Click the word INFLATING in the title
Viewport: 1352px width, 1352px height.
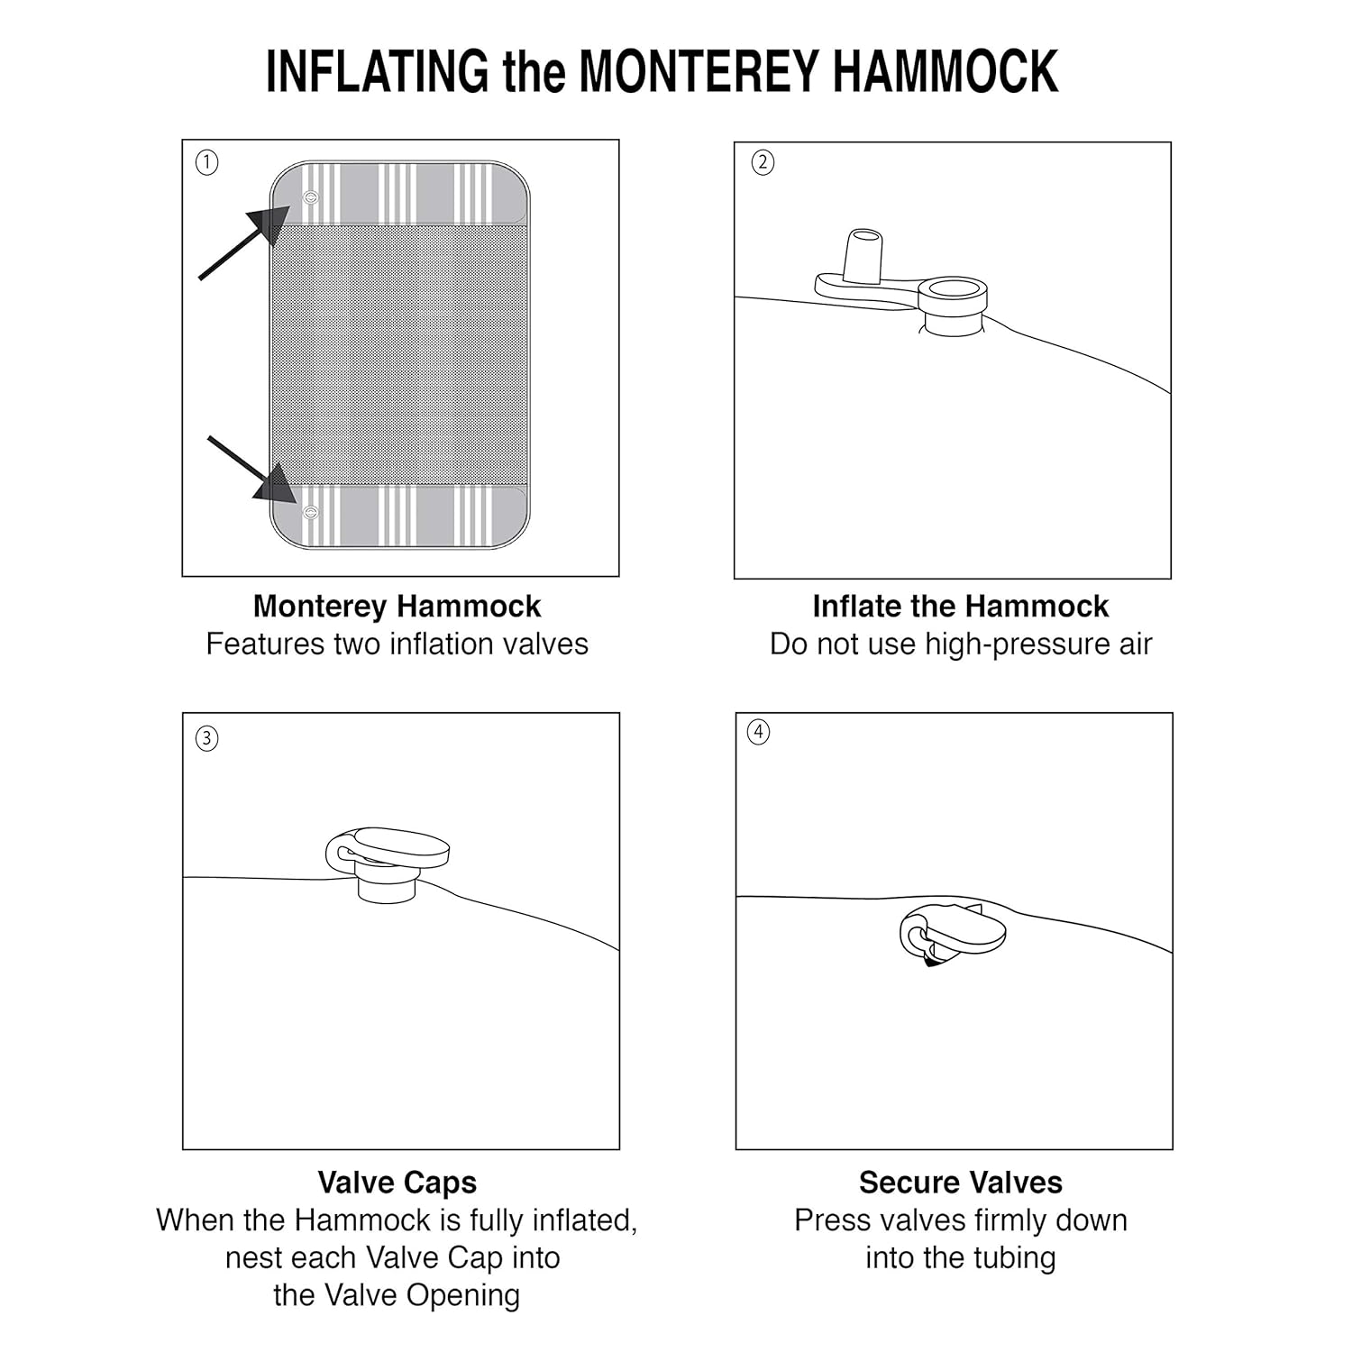coord(377,72)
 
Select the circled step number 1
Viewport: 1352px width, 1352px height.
coord(207,163)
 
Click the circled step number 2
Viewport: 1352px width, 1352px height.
coord(763,163)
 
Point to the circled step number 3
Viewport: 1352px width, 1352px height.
coord(207,738)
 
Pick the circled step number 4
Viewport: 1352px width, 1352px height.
coord(759,732)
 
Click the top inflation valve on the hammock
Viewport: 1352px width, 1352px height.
coord(311,197)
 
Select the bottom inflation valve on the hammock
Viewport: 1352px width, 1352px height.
coord(311,513)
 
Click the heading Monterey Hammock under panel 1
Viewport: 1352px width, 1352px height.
coord(397,607)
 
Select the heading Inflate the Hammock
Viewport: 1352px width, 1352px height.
coord(960,607)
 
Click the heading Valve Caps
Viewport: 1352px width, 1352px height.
coord(397,1183)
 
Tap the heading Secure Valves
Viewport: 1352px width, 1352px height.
coord(960,1183)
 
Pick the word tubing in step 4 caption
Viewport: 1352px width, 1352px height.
coord(1010,1258)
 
